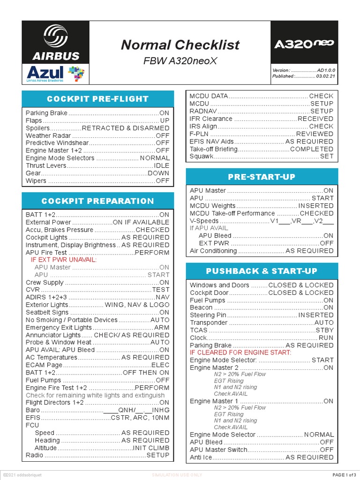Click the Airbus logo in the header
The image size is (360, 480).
(56, 42)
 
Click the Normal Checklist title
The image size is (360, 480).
(180, 45)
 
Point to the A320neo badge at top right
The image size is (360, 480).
(304, 44)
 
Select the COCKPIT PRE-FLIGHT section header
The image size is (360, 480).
(97, 99)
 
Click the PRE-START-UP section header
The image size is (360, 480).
(262, 177)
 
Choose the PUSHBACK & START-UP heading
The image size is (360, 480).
(262, 271)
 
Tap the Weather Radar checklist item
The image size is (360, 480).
(45, 135)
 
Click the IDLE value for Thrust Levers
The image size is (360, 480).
(162, 165)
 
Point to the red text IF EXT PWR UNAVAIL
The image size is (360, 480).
(64, 260)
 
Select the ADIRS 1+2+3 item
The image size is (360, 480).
(46, 297)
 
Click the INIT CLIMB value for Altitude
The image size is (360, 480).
(151, 448)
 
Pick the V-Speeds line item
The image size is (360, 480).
(204, 220)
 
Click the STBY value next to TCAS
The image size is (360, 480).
(324, 330)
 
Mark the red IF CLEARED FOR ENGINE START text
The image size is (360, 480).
(240, 352)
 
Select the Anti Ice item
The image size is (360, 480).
(202, 457)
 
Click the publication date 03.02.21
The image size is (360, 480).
(325, 76)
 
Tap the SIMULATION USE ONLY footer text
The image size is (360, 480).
(177, 475)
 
